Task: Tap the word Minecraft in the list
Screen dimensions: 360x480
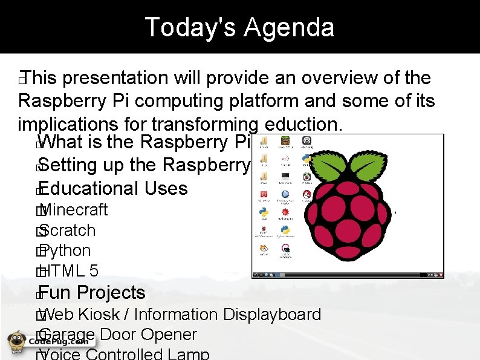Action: pos(76,210)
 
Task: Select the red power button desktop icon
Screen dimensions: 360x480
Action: pos(264,195)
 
